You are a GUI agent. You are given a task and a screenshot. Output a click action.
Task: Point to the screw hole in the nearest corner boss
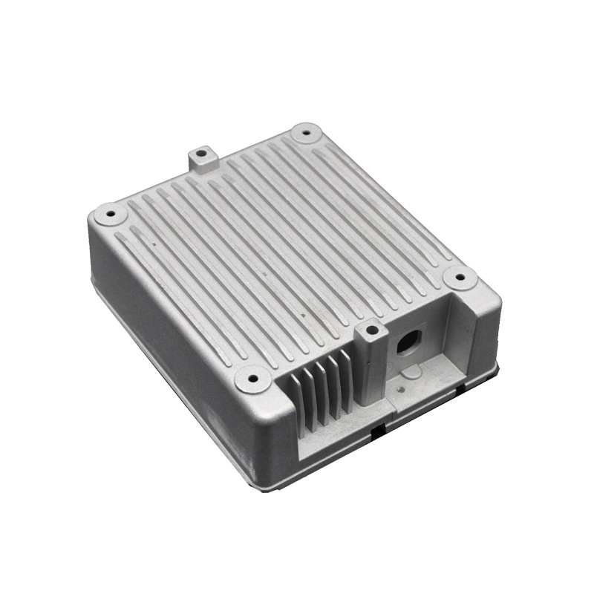coord(252,379)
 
